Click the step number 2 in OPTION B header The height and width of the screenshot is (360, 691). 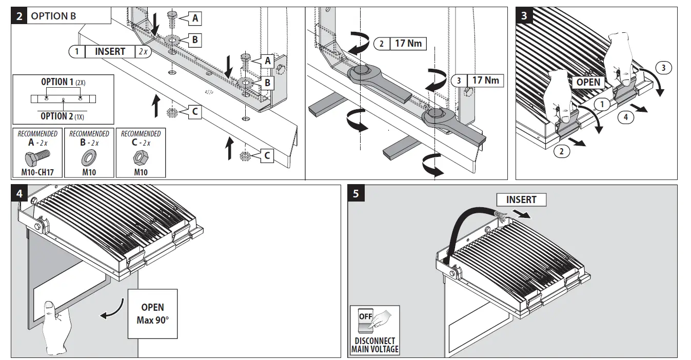click(19, 16)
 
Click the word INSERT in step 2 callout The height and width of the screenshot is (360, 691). click(110, 51)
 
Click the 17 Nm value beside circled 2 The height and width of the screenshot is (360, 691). click(408, 44)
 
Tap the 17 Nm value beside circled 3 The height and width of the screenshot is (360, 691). click(485, 81)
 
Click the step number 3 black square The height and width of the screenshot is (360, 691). click(524, 16)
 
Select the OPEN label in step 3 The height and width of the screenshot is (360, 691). click(588, 82)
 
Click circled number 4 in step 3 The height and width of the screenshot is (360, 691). click(625, 117)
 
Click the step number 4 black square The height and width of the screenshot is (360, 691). click(19, 194)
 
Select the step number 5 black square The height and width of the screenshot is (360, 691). click(356, 194)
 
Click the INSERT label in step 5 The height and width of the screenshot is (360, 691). click(521, 199)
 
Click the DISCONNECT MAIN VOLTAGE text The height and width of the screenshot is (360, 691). click(374, 345)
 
